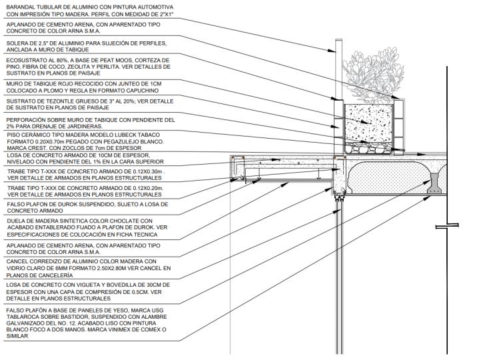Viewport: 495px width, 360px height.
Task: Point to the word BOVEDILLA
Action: point(127,285)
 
